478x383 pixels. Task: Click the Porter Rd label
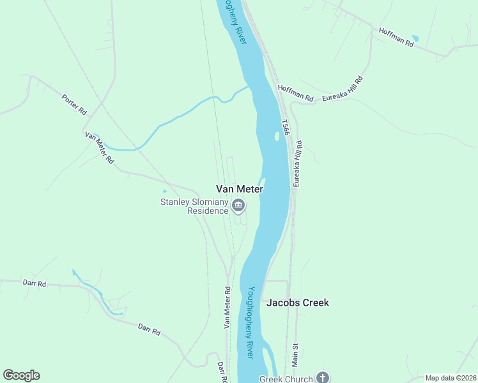pyautogui.click(x=74, y=105)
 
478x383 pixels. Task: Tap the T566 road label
pyautogui.click(x=286, y=127)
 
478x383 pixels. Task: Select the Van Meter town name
pyautogui.click(x=240, y=189)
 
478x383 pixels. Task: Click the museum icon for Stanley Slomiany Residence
pyautogui.click(x=238, y=205)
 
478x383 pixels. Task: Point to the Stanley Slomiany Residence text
pyautogui.click(x=194, y=206)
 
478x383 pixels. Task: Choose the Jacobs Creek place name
pyautogui.click(x=298, y=303)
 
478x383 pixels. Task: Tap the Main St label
pyautogui.click(x=295, y=354)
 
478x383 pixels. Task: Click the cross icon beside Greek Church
pyautogui.click(x=323, y=378)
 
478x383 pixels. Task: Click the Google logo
pyautogui.click(x=21, y=375)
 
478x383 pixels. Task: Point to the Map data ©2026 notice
pyautogui.click(x=451, y=378)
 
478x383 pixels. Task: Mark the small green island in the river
pyautogui.click(x=276, y=136)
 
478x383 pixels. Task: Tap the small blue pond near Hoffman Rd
pyautogui.click(x=415, y=38)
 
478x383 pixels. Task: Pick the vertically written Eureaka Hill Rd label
pyautogui.click(x=297, y=164)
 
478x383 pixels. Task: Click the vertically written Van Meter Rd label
pyautogui.click(x=227, y=308)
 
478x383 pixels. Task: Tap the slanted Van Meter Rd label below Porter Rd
pyautogui.click(x=99, y=147)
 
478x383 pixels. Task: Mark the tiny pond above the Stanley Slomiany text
pyautogui.click(x=165, y=191)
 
